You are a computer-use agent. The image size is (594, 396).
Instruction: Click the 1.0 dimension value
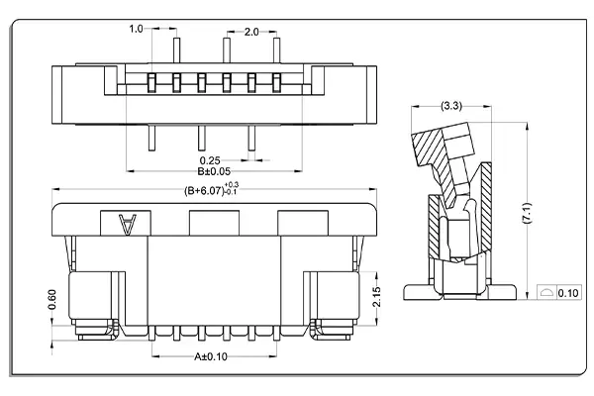(137, 30)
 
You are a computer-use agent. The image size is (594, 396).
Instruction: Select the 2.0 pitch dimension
(251, 32)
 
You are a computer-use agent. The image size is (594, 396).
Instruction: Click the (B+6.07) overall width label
(203, 190)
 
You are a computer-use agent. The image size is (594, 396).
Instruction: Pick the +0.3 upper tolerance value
(232, 185)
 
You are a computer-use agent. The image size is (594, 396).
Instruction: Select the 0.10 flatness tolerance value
(568, 294)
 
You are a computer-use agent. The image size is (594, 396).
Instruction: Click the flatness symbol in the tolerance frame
(547, 294)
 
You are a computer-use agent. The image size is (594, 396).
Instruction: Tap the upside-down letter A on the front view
(127, 226)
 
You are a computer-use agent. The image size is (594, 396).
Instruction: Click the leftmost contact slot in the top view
(151, 80)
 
